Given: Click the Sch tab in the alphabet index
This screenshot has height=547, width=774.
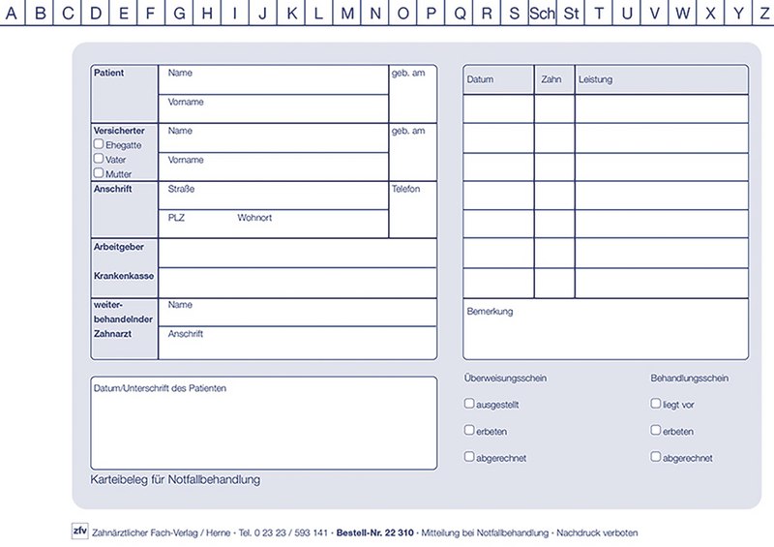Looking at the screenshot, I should (543, 13).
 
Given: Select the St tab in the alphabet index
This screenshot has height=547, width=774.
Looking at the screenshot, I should (572, 13).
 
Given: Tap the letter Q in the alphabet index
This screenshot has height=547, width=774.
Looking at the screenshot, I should (460, 13).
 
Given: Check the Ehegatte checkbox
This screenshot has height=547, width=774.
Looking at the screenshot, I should (99, 144).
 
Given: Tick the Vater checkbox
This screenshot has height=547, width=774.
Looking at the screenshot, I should (99, 159).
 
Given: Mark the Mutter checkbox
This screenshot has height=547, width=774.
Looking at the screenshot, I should (99, 173).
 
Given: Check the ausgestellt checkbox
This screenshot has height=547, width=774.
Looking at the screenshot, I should (469, 404).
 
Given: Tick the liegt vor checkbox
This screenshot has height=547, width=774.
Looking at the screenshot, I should (656, 404).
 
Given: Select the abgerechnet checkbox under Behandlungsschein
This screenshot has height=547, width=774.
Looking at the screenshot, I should (656, 457).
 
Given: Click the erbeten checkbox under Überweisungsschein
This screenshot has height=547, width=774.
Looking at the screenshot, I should (469, 430).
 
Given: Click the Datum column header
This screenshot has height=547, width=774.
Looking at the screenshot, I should (481, 79).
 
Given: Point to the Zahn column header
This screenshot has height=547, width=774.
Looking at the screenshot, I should (552, 79).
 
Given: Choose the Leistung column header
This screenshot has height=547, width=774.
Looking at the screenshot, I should (595, 79).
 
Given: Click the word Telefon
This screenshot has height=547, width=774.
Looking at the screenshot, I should (406, 189).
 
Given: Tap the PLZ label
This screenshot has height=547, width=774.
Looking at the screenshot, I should (176, 218).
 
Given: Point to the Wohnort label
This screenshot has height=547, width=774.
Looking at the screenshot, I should (254, 218).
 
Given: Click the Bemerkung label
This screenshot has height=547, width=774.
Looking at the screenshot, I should (490, 312).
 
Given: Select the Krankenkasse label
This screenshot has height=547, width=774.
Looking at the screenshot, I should (124, 276).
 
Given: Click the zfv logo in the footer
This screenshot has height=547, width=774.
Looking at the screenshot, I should (79, 531).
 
